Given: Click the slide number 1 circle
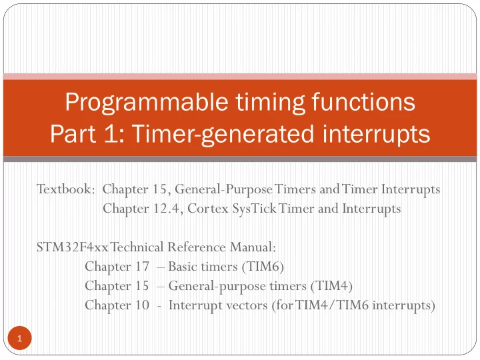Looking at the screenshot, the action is click(19, 338).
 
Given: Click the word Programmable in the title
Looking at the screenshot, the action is click(147, 103).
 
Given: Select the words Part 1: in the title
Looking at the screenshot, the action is click(87, 133).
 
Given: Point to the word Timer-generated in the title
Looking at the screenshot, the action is click(223, 135).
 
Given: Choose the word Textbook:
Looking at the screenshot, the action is click(64, 189).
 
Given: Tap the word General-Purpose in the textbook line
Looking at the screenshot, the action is click(223, 189).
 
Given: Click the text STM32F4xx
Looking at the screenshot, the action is click(72, 247).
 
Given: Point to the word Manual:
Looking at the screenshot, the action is click(253, 247).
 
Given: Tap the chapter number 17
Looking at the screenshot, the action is click(142, 266).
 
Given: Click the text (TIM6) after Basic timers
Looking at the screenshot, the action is click(263, 267).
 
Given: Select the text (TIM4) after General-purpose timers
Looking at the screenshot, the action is click(331, 286).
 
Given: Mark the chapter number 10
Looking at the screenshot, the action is click(142, 305).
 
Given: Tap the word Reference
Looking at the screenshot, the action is click(196, 247).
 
